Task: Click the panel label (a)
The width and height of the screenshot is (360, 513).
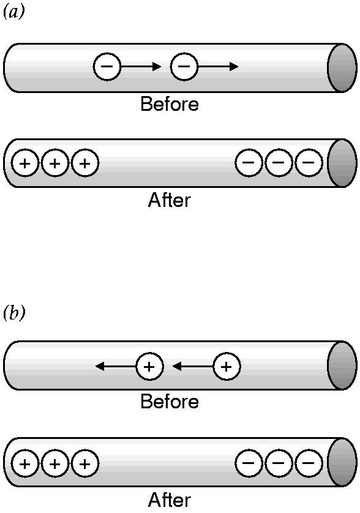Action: pyautogui.click(x=13, y=12)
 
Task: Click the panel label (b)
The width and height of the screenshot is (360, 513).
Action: pyautogui.click(x=13, y=313)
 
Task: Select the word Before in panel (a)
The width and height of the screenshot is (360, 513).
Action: pyautogui.click(x=170, y=104)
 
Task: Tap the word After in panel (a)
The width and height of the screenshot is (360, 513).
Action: pyautogui.click(x=169, y=200)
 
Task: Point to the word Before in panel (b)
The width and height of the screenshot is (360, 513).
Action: pyautogui.click(x=170, y=402)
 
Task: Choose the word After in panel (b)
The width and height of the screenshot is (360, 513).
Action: pyautogui.click(x=169, y=500)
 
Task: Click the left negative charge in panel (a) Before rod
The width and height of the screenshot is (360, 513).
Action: pyautogui.click(x=107, y=67)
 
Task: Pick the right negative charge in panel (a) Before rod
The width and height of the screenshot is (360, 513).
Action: pyautogui.click(x=184, y=67)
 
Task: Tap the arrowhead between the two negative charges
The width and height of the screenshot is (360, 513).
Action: pyautogui.click(x=157, y=67)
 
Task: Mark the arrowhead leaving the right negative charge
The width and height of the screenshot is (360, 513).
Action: pyautogui.click(x=234, y=67)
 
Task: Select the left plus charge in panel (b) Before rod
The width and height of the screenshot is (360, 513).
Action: pyautogui.click(x=149, y=367)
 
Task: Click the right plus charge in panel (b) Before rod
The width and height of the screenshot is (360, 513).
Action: pyautogui.click(x=227, y=367)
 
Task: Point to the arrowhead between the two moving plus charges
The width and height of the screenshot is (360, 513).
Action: pyautogui.click(x=177, y=367)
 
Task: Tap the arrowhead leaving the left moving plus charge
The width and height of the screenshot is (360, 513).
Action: pyautogui.click(x=100, y=367)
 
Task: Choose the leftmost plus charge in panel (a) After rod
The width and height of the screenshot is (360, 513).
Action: pyautogui.click(x=25, y=163)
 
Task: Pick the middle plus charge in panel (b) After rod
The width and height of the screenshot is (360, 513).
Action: pyautogui.click(x=55, y=463)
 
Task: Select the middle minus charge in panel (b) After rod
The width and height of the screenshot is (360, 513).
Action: pyautogui.click(x=279, y=463)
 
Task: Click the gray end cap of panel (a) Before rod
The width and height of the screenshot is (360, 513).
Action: pyautogui.click(x=342, y=68)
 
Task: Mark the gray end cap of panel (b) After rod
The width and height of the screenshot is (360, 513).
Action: pyautogui.click(x=342, y=462)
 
